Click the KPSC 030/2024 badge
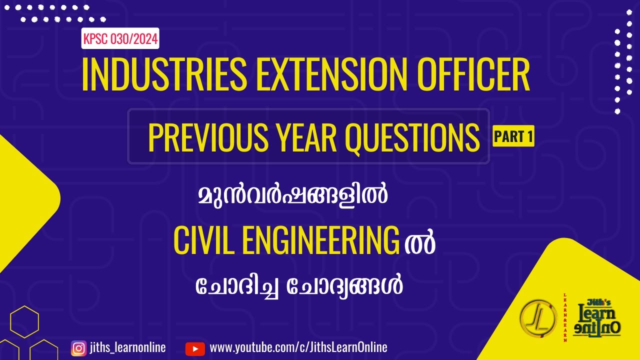(120, 38)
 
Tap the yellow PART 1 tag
(513, 137)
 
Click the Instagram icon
(78, 348)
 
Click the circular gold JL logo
(538, 318)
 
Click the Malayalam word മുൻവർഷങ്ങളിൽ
(293, 196)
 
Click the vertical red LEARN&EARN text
(565, 318)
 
